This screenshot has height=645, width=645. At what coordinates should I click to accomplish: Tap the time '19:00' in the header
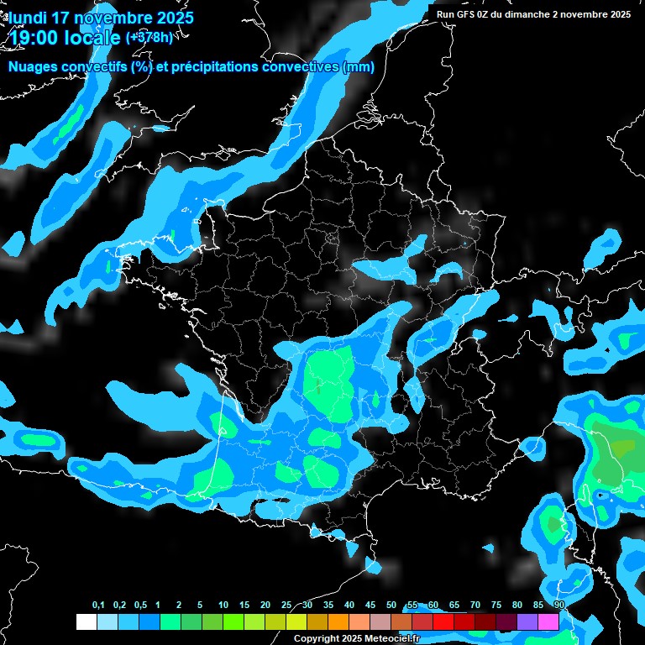(x=34, y=38)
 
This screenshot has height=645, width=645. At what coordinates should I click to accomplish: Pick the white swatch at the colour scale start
(x=86, y=622)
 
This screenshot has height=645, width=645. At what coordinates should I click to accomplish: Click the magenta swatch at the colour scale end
(x=548, y=622)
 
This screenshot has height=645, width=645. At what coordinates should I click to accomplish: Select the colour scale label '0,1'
(x=97, y=606)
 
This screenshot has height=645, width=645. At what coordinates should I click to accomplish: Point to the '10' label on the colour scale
(x=223, y=606)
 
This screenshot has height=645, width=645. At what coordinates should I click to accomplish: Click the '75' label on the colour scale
(x=496, y=606)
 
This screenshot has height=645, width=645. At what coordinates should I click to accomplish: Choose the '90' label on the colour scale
(x=559, y=606)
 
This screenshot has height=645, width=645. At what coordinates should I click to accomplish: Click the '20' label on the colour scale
(x=265, y=606)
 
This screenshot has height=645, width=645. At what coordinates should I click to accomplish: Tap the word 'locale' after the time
(x=93, y=38)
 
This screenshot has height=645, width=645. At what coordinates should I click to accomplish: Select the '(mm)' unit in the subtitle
(x=359, y=67)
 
